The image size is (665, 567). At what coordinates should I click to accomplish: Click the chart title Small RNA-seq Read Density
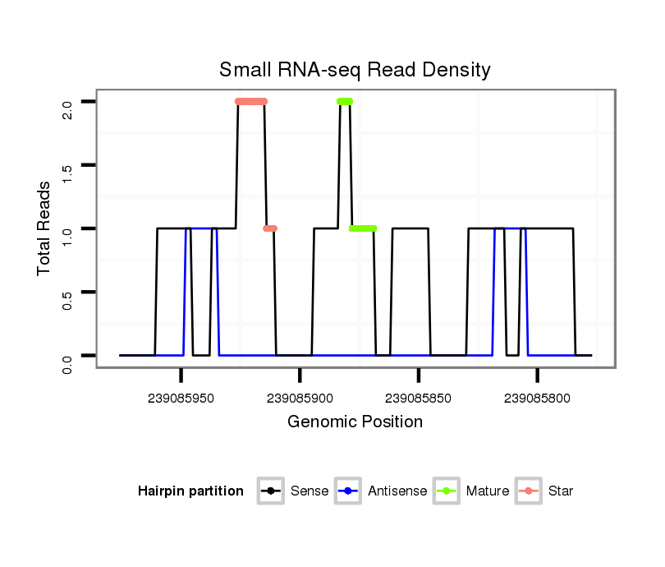(x=355, y=70)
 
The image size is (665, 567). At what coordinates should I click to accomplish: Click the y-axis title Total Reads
(x=44, y=228)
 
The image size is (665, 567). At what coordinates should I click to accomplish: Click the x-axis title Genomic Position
(x=355, y=422)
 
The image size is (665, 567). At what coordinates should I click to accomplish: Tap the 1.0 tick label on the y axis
(x=67, y=228)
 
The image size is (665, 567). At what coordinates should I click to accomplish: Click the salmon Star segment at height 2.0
(x=251, y=102)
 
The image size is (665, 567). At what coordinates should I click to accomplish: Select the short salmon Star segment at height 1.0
(x=270, y=228)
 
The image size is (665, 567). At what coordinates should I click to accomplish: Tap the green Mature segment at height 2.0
(x=345, y=102)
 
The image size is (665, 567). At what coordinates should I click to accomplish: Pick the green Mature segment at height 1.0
(x=363, y=228)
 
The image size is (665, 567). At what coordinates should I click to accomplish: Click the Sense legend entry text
(x=310, y=491)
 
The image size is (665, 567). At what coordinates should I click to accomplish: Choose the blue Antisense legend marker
(x=349, y=491)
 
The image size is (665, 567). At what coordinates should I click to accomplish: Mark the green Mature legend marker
(x=447, y=491)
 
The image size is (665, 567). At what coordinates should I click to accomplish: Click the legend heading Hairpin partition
(x=190, y=491)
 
